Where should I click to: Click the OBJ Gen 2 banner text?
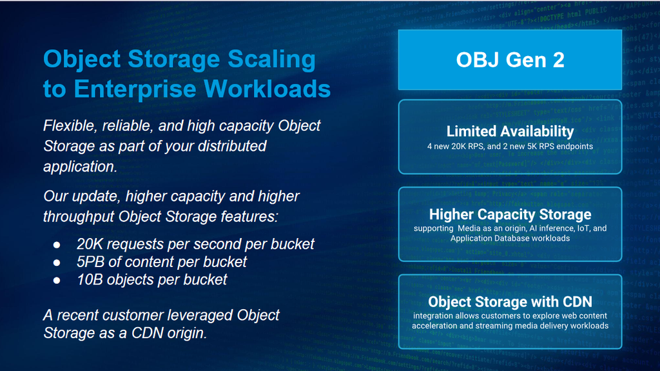510,60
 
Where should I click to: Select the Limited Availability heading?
510,132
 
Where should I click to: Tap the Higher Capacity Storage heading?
510,214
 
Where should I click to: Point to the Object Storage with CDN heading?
510,301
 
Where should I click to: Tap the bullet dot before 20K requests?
57,245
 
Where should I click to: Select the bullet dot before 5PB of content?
57,263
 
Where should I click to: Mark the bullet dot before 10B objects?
57,281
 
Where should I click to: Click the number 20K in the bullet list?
90,244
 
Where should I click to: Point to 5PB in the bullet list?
90,262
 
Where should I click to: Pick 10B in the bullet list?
90,279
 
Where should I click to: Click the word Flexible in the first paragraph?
70,126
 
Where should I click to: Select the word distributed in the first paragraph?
232,146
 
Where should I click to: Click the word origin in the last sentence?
187,334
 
